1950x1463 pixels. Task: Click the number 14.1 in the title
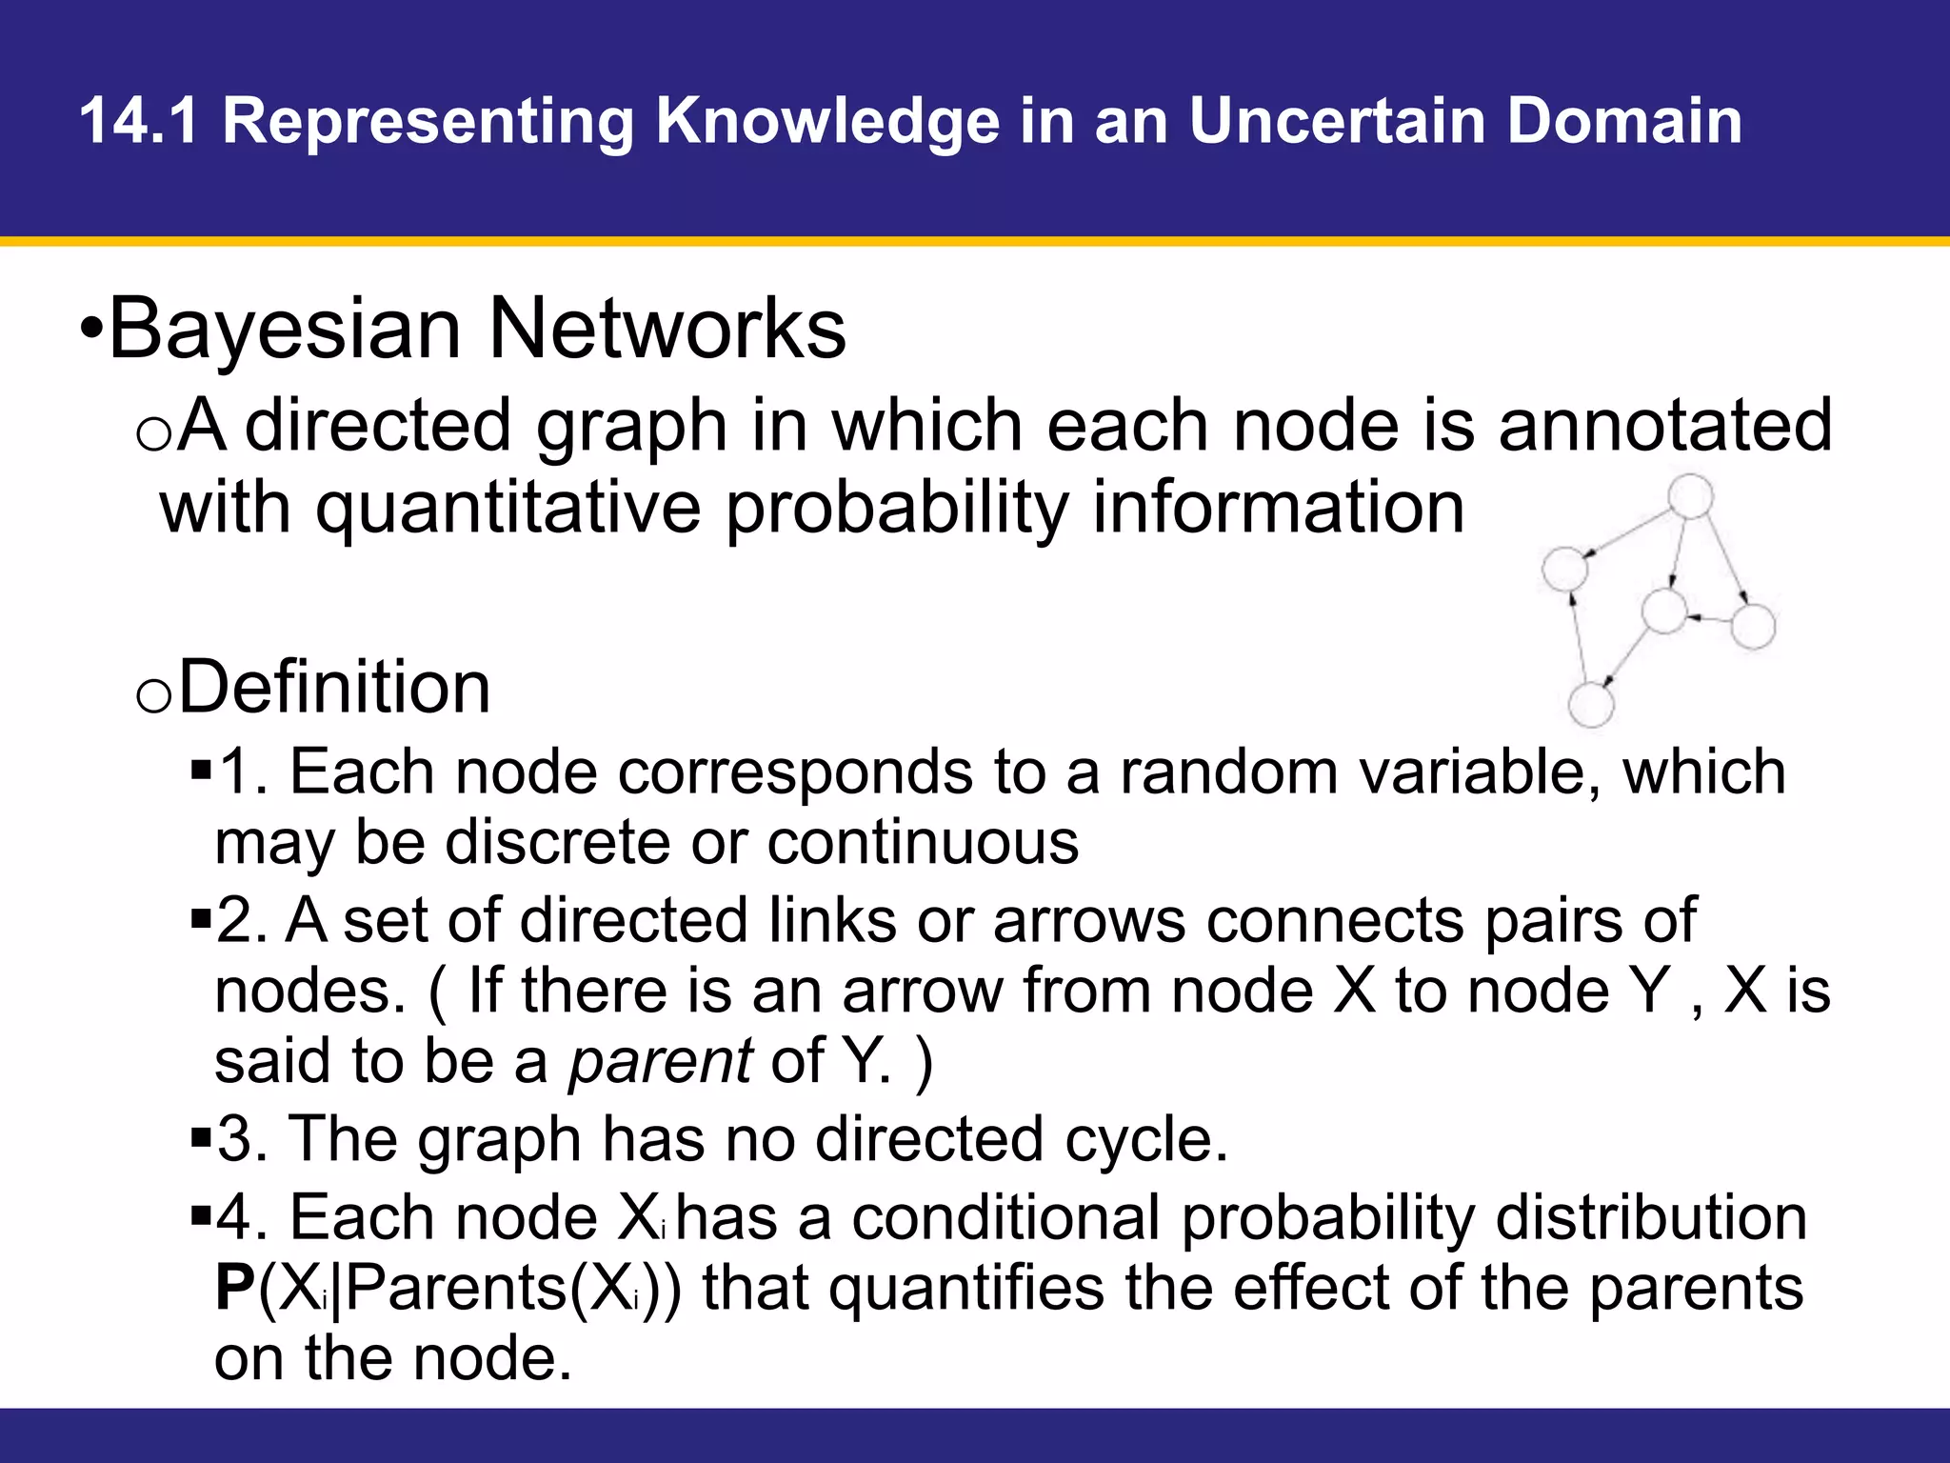[139, 121]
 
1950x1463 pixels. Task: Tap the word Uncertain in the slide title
[1337, 121]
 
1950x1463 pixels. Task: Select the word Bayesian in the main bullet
[285, 329]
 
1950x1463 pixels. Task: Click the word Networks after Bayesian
[667, 329]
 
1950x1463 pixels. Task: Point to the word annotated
[1665, 425]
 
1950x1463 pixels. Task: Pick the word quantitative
[508, 509]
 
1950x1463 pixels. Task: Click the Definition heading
[334, 687]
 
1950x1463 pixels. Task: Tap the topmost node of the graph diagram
[1691, 497]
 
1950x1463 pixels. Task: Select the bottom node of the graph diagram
[1590, 706]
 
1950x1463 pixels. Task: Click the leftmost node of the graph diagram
[1564, 569]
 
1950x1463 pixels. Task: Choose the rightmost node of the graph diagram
[1753, 627]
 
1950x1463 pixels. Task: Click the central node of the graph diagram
[1664, 611]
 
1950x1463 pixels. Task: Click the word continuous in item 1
[923, 843]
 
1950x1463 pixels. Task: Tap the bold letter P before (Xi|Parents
[234, 1288]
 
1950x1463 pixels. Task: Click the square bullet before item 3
[200, 1136]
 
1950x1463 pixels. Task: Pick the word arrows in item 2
[1089, 921]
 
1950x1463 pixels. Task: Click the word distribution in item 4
[1651, 1217]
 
